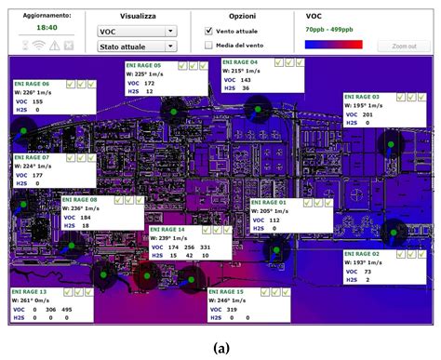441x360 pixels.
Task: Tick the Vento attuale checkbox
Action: click(208, 31)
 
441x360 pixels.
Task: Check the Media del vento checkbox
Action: click(208, 45)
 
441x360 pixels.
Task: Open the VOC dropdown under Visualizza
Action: click(136, 31)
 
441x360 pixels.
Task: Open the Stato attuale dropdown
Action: click(136, 45)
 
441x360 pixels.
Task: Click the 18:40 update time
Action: click(46, 28)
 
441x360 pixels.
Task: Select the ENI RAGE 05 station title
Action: click(143, 65)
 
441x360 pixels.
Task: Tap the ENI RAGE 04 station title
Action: click(240, 61)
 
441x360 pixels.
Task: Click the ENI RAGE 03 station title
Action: click(362, 97)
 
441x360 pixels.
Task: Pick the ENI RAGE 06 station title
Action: click(33, 83)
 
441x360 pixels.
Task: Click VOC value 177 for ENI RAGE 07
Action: click(37, 175)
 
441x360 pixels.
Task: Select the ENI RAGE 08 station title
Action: click(80, 199)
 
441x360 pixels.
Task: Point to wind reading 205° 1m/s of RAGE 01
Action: click(280, 210)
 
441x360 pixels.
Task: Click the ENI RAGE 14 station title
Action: click(167, 229)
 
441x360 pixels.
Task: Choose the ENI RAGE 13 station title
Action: click(32, 291)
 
